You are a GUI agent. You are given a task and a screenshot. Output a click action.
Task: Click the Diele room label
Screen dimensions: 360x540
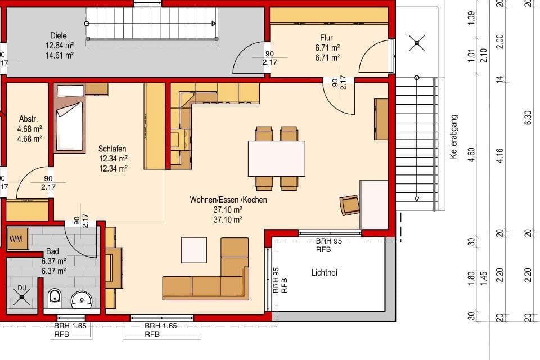(x=58, y=35)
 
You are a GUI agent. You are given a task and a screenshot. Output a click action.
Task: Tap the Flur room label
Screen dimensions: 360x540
(x=327, y=38)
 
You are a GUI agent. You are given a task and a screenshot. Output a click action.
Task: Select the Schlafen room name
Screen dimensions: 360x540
(x=112, y=148)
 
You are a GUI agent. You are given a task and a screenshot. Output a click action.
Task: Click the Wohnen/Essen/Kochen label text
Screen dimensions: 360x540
(x=228, y=200)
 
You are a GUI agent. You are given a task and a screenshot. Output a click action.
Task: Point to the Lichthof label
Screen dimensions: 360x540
(x=325, y=273)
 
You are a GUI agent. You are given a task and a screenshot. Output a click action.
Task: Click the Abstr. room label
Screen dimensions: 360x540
(x=28, y=119)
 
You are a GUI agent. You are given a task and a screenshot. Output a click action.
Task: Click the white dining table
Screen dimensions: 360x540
(x=276, y=158)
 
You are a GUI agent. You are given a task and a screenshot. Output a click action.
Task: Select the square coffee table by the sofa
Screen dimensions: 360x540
(x=193, y=250)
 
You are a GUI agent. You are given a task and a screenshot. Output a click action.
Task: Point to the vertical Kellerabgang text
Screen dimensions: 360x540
(x=453, y=137)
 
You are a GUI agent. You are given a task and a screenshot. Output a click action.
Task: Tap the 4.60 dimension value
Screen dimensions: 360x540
(x=472, y=154)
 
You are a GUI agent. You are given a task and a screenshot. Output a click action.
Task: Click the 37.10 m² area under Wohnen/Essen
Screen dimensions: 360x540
(x=228, y=210)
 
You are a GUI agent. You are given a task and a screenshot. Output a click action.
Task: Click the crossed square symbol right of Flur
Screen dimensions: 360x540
(x=416, y=43)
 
